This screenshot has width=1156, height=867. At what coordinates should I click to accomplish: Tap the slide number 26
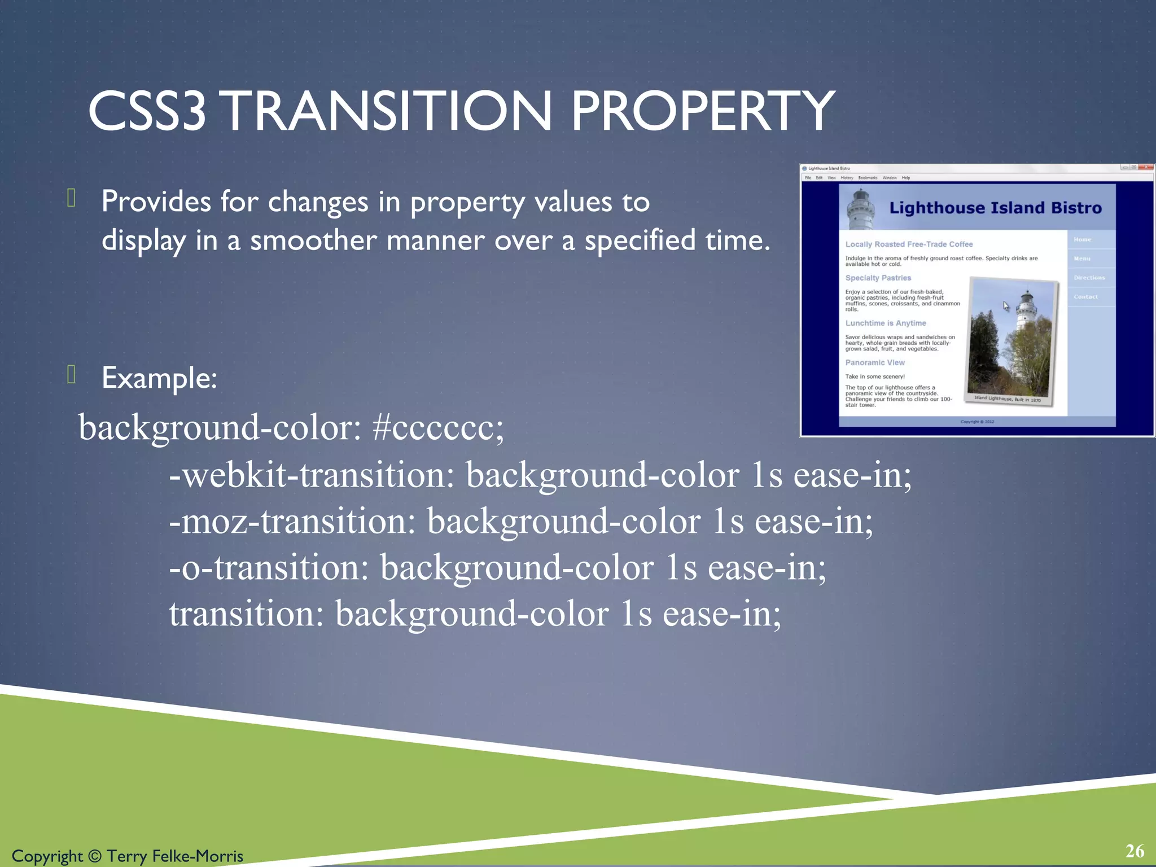pos(1135,851)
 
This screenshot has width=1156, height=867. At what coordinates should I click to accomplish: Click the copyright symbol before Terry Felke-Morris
pos(95,856)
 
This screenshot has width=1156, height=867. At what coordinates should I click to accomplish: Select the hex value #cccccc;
pos(438,428)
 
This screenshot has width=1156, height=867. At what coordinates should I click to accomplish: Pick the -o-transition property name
pos(269,568)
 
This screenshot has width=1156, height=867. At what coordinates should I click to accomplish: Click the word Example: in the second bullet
pos(159,378)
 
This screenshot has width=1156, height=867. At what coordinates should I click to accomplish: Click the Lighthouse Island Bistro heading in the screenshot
pos(995,208)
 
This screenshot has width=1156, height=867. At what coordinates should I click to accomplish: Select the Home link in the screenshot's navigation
pos(1082,239)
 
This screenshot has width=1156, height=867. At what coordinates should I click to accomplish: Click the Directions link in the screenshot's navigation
pos(1089,278)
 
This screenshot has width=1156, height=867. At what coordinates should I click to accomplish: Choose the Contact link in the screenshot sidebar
pos(1085,297)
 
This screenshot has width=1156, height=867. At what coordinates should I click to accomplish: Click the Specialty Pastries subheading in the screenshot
pos(878,278)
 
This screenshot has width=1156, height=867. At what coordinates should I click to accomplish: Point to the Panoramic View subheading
pos(874,362)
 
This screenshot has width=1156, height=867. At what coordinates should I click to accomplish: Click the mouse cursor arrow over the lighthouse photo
pos(1006,306)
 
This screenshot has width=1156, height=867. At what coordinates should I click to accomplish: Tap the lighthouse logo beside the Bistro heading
pos(861,209)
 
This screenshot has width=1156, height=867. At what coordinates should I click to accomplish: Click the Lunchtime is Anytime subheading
pos(885,323)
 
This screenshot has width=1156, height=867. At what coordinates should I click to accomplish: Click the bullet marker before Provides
pos(71,198)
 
